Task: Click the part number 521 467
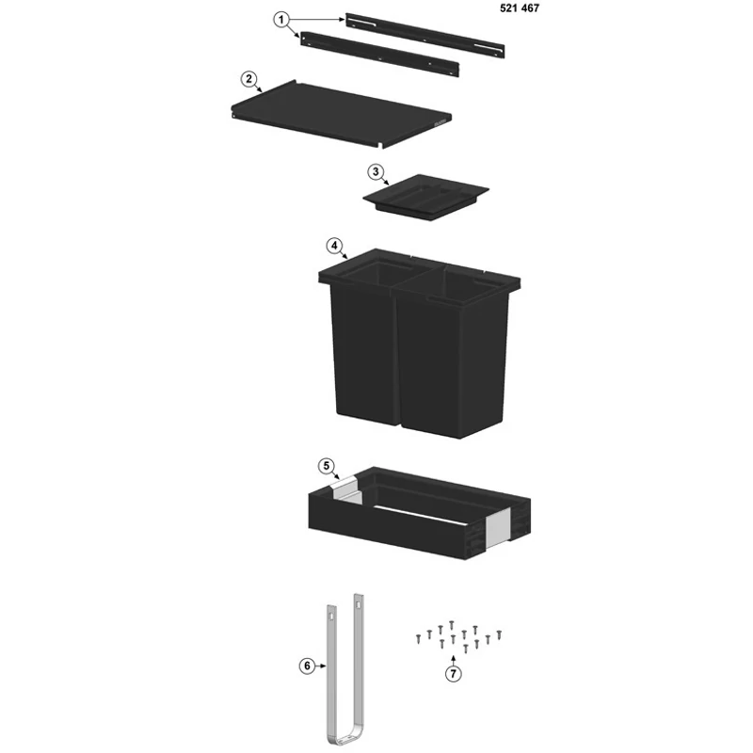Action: click(520, 8)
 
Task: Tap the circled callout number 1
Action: click(281, 20)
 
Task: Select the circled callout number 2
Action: click(248, 79)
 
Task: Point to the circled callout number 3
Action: click(376, 172)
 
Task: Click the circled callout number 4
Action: click(334, 246)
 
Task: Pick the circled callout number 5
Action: click(327, 466)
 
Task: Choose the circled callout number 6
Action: click(308, 666)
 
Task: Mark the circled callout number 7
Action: click(454, 674)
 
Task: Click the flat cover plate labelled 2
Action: click(341, 113)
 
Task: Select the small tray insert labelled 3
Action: click(425, 197)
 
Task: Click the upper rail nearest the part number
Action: click(425, 36)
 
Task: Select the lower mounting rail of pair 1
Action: click(380, 54)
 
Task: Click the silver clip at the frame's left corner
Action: click(346, 490)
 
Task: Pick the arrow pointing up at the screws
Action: click(454, 661)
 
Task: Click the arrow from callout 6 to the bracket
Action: click(321, 666)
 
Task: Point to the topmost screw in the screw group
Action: click(452, 625)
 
